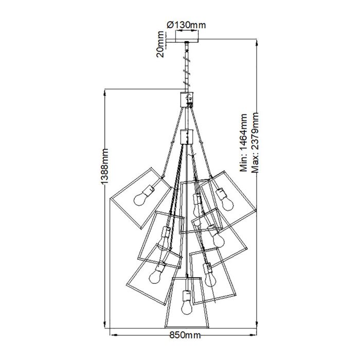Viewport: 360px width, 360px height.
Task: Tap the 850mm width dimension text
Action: [185, 335]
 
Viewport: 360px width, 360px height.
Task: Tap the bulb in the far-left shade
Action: [141, 197]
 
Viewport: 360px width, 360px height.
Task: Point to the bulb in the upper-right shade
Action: [226, 202]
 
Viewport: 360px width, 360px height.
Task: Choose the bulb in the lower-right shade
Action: [209, 278]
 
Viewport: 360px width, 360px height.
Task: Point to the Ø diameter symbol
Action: [170, 24]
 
